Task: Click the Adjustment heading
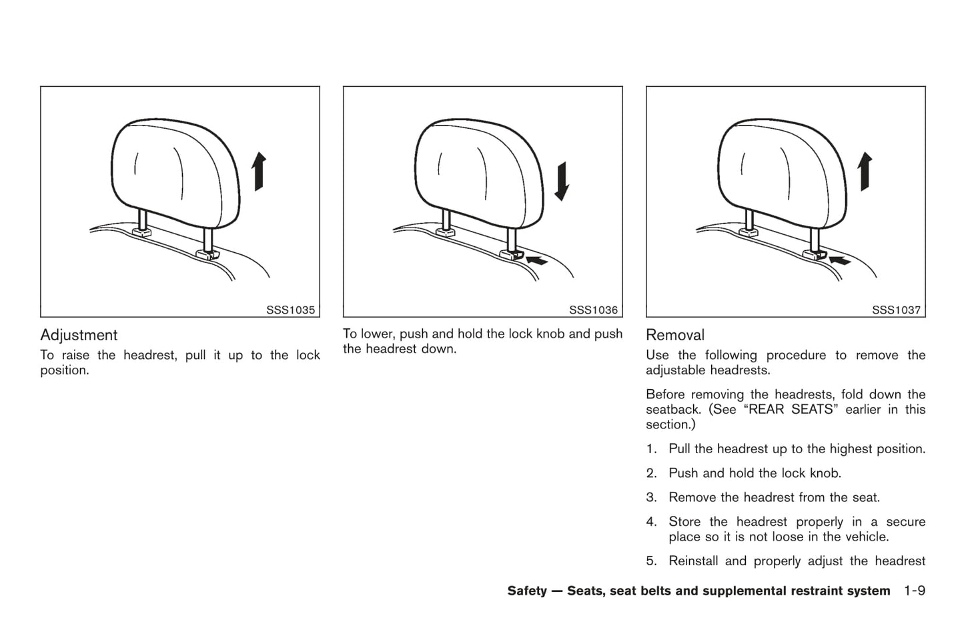point(79,336)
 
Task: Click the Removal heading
point(675,335)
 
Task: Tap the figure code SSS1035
point(290,310)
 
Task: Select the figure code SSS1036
point(594,310)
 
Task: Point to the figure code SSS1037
point(897,310)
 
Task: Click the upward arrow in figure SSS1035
point(259,172)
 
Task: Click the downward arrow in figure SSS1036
point(562,182)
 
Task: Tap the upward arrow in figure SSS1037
point(865,172)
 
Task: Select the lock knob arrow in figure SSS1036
point(536,260)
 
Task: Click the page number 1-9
point(915,591)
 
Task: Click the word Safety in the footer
point(527,591)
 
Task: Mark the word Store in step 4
point(684,522)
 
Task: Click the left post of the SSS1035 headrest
point(143,219)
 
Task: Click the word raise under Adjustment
point(75,356)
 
